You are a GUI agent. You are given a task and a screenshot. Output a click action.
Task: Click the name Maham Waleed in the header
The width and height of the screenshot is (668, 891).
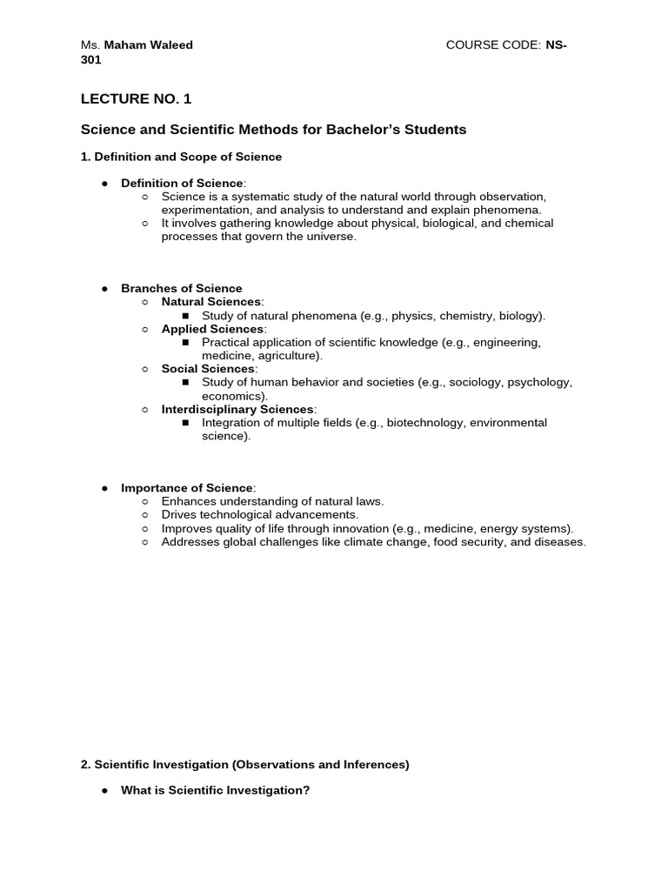coord(149,45)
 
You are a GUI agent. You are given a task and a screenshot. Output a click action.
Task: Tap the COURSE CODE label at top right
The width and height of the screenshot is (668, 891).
coord(492,45)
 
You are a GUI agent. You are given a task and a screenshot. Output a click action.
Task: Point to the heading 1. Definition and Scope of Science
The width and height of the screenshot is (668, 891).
coord(181,157)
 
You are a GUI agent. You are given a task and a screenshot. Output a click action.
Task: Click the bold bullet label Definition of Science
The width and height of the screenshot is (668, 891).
coord(183,183)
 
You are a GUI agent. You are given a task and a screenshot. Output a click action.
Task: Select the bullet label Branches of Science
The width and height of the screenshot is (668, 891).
coord(181,288)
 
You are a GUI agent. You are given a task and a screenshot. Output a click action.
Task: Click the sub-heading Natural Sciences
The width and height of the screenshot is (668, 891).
coord(211,302)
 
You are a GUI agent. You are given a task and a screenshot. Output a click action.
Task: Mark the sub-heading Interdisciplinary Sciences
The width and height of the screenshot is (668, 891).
coord(237,409)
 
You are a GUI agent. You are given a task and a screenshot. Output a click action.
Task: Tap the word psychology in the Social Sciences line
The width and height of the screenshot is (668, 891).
coord(539,382)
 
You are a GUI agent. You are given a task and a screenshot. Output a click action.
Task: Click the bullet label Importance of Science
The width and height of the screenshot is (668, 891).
coord(187,488)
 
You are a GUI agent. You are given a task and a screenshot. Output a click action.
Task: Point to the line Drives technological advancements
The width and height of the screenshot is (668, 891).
coord(247,515)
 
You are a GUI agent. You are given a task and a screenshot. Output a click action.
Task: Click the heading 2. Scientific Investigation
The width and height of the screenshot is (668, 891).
coord(244,764)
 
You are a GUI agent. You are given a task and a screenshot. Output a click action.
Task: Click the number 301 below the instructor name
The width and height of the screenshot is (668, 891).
coord(91,60)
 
